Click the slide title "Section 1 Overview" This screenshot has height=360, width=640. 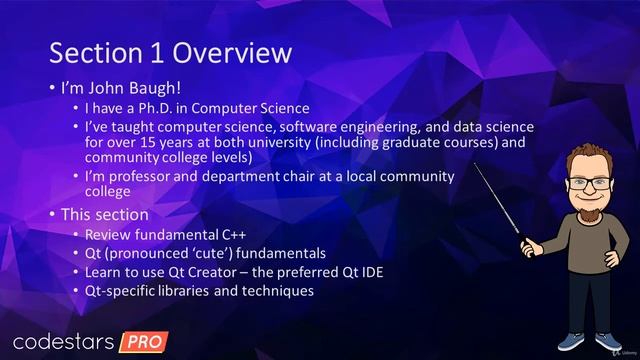tap(170, 52)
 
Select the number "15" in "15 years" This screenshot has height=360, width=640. tap(134, 142)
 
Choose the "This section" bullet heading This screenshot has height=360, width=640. tap(105, 214)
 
